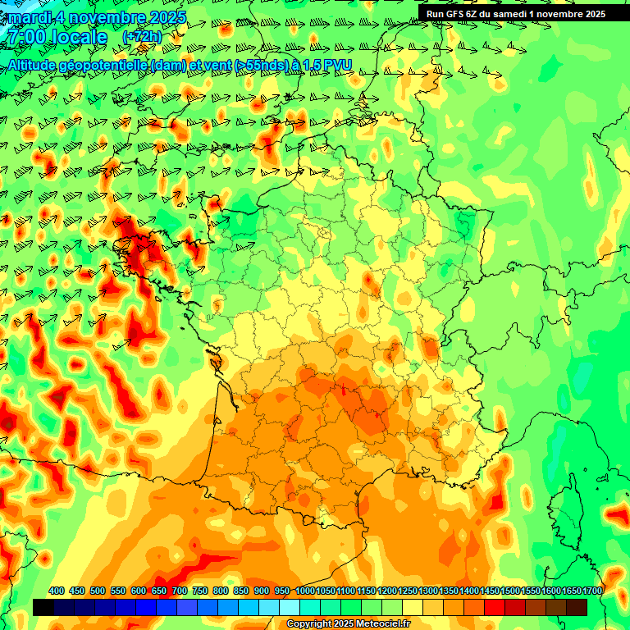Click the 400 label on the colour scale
[x=57, y=591]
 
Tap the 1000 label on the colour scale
[x=305, y=591]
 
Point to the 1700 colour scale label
[x=592, y=591]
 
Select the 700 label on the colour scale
[x=180, y=591]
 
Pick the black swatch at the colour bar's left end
[x=43, y=607]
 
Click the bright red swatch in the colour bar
[x=495, y=607]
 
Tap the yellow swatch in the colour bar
[x=413, y=607]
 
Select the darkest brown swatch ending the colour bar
[x=577, y=607]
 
